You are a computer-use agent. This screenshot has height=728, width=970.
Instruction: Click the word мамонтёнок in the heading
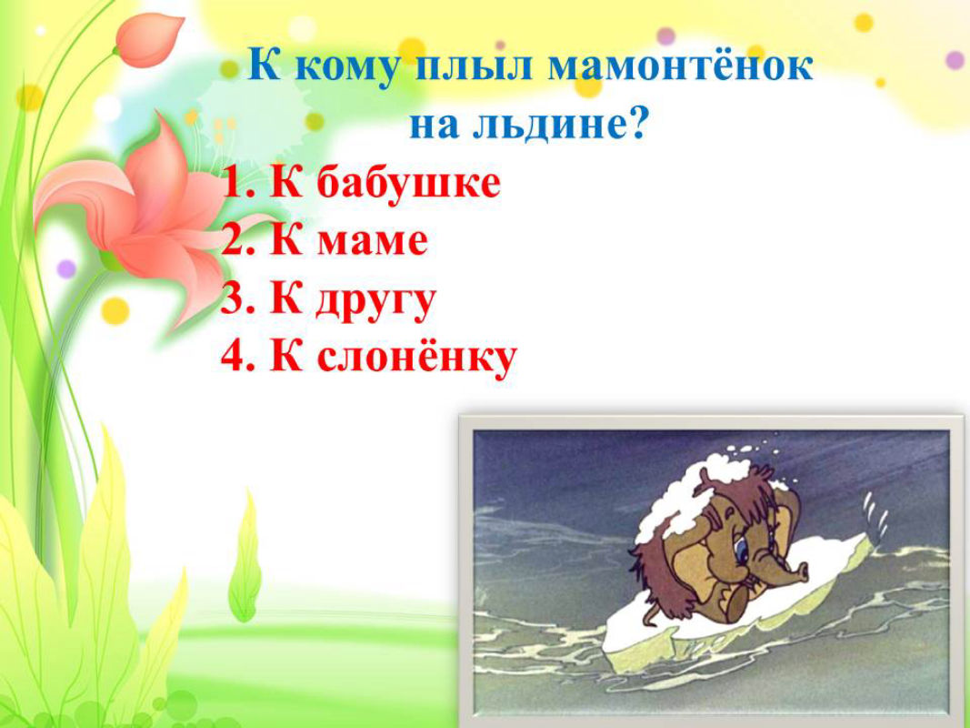(681, 67)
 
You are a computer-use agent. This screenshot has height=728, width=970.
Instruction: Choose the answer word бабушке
(408, 183)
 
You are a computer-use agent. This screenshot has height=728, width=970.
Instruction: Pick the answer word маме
(373, 241)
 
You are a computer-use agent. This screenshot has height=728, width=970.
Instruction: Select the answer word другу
(376, 301)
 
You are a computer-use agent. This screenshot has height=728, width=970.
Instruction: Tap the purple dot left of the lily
(66, 268)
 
